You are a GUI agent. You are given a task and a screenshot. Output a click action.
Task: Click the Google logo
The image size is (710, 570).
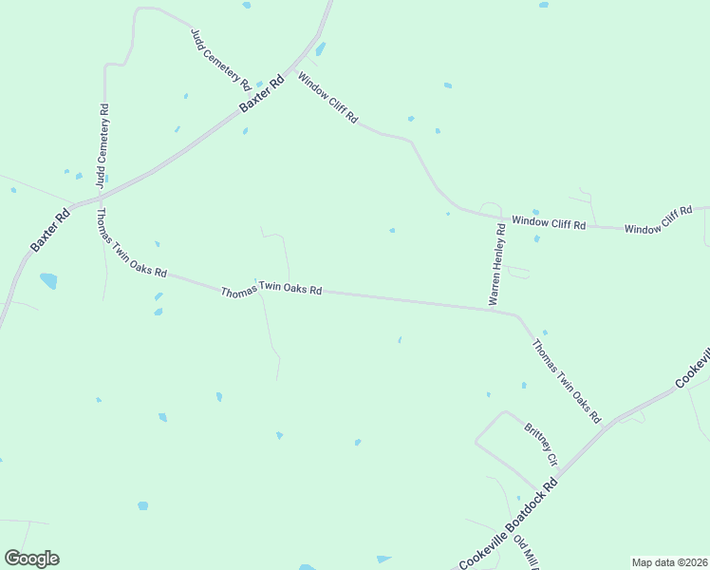coord(32,559)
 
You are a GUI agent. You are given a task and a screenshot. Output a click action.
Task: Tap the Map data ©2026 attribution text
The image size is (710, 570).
coord(669,562)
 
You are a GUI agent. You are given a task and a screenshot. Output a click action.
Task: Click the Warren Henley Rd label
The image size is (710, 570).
coord(496,264)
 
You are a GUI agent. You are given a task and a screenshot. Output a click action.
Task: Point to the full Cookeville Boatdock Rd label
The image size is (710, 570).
coord(509,523)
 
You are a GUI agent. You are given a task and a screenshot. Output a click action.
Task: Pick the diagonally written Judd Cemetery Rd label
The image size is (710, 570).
coord(220,58)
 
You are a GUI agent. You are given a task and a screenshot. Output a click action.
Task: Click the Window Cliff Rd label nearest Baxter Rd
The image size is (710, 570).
coord(327,98)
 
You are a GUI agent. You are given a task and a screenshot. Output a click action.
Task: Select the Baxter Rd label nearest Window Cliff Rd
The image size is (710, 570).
coord(262,95)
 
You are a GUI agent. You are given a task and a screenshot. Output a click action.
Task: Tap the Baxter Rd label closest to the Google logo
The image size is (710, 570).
coord(50,230)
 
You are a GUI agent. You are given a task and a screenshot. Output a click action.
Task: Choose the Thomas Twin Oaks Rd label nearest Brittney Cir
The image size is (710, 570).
coord(567,381)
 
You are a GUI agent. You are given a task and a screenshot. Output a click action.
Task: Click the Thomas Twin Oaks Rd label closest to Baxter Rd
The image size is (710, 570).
coord(132,244)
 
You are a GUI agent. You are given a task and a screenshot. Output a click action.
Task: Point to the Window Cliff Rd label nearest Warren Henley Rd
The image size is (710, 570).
coord(549,222)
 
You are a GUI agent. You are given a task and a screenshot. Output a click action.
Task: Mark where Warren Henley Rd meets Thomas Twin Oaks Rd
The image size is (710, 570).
coord(490,308)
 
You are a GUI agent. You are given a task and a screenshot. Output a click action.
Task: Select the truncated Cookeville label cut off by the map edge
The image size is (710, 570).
coord(694,367)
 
